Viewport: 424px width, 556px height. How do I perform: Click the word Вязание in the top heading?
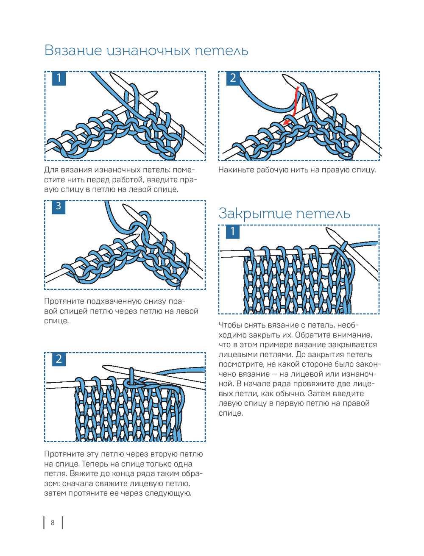[x=73, y=50]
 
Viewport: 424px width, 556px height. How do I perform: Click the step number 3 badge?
[x=59, y=207]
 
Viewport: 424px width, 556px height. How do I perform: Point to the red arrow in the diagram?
[x=293, y=106]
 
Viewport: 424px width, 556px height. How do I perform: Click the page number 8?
[x=53, y=523]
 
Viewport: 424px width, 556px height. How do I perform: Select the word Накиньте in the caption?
[x=236, y=170]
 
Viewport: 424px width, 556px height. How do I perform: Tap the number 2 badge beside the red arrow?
[x=233, y=78]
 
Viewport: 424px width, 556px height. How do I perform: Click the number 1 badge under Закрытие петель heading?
[x=232, y=232]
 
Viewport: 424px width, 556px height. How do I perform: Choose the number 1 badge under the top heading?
[x=59, y=78]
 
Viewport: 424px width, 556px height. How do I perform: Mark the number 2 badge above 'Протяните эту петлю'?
[x=59, y=359]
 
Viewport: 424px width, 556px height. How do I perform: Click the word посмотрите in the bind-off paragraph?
[x=239, y=364]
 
